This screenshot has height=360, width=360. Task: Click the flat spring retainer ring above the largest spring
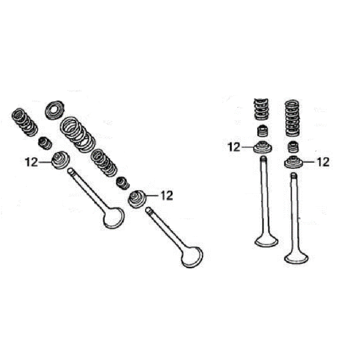pyautogui.click(x=54, y=110)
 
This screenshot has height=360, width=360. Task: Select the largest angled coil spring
pyautogui.click(x=77, y=135)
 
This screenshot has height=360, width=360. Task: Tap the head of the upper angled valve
pyautogui.click(x=113, y=217)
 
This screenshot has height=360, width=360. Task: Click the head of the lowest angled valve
pyautogui.click(x=192, y=257)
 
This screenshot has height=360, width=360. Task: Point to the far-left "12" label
pyautogui.click(x=31, y=162)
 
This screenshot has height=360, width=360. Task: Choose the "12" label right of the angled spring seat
pyautogui.click(x=166, y=196)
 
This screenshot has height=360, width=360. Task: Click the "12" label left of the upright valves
pyautogui.click(x=234, y=147)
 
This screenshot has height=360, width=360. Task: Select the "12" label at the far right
pyautogui.click(x=323, y=162)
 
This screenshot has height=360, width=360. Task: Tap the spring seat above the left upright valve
pyautogui.click(x=262, y=147)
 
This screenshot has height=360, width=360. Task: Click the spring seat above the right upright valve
pyautogui.click(x=293, y=162)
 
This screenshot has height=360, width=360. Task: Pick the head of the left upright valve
pyautogui.click(x=266, y=241)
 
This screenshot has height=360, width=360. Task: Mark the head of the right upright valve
pyautogui.click(x=296, y=257)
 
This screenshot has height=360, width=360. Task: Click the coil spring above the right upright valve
pyautogui.click(x=292, y=118)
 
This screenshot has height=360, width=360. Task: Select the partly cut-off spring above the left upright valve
pyautogui.click(x=261, y=109)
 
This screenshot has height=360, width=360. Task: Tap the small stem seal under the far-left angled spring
pyautogui.click(x=45, y=143)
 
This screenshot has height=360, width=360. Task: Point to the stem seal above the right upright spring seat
pyautogui.click(x=293, y=147)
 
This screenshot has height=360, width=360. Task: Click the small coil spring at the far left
pyautogui.click(x=25, y=122)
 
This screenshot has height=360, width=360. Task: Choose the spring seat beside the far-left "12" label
pyautogui.click(x=60, y=160)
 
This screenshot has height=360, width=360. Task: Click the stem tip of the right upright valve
pyautogui.click(x=294, y=175)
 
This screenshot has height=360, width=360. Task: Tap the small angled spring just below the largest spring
pyautogui.click(x=104, y=163)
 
